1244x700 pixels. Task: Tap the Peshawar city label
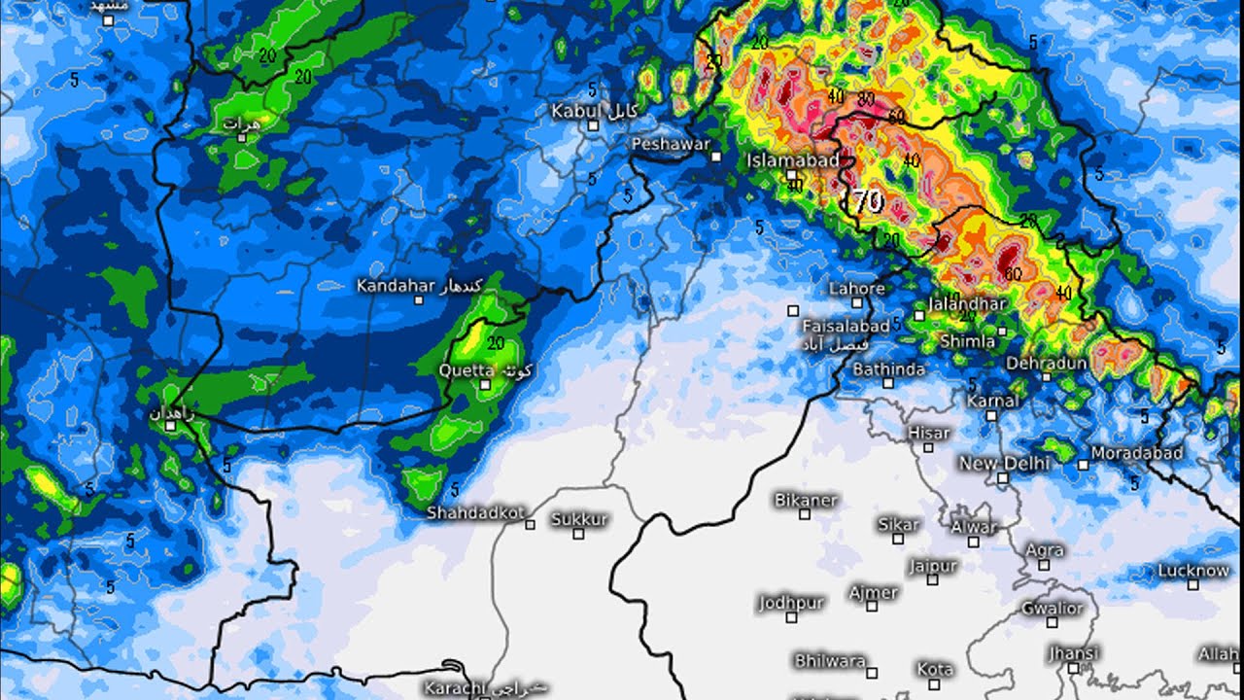pyautogui.click(x=671, y=143)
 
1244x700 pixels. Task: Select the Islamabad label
pyautogui.click(x=792, y=160)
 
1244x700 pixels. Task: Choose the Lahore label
pyautogui.click(x=856, y=289)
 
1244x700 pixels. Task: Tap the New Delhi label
pyautogui.click(x=1004, y=463)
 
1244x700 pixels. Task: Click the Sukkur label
pyautogui.click(x=579, y=519)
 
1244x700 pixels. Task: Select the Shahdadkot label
pyautogui.click(x=475, y=512)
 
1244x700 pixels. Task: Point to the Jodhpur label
pyautogui.click(x=791, y=603)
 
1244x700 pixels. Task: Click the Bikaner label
pyautogui.click(x=806, y=500)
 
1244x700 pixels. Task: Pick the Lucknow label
pyautogui.click(x=1193, y=571)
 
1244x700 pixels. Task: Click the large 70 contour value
pyautogui.click(x=865, y=201)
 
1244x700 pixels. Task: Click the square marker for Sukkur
pyautogui.click(x=578, y=534)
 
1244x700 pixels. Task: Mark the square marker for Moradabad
pyautogui.click(x=1083, y=465)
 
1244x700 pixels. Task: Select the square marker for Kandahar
pyautogui.click(x=419, y=300)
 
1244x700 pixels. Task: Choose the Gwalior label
pyautogui.click(x=1052, y=609)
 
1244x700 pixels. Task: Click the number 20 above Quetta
pyautogui.click(x=496, y=343)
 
